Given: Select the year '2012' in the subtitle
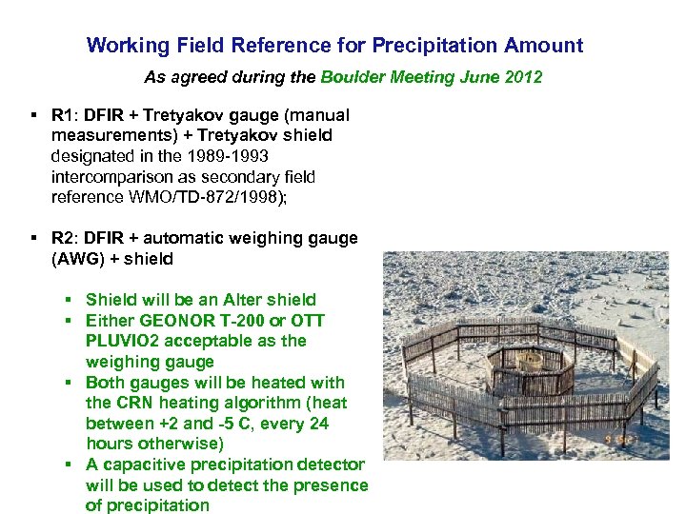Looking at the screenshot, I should tap(522, 77).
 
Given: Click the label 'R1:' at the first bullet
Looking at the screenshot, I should tap(64, 115).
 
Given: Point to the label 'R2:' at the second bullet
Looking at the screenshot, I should tap(64, 238).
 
